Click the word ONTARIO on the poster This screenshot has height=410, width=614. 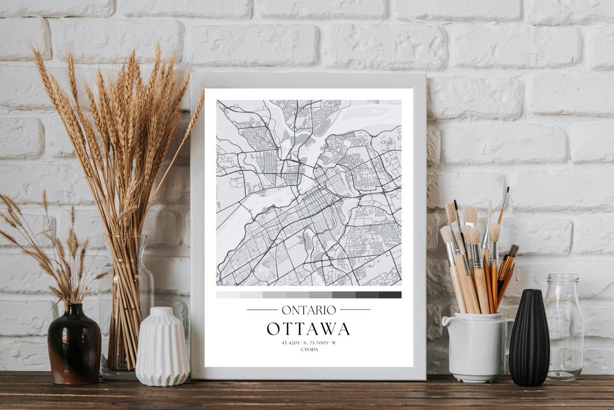click(309, 310)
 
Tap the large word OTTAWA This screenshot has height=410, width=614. click(308, 329)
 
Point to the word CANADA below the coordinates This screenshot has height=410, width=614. click(309, 349)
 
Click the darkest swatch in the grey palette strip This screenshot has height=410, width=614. click(390, 295)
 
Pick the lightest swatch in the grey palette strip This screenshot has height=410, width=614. click(227, 295)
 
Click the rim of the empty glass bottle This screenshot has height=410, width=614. click(562, 277)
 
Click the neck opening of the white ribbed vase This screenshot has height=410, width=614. click(161, 310)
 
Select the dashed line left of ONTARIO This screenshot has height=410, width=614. click(262, 310)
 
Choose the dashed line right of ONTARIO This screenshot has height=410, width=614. click(355, 310)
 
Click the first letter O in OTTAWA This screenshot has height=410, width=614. click(273, 329)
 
